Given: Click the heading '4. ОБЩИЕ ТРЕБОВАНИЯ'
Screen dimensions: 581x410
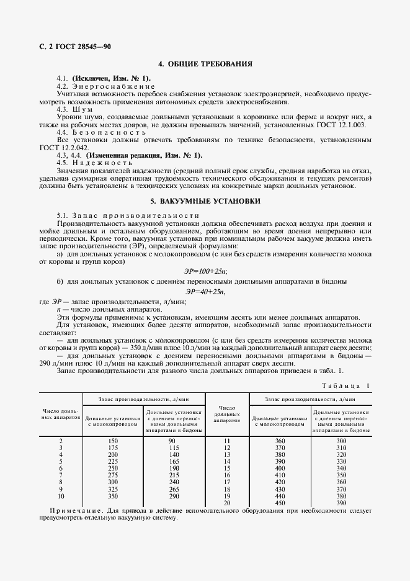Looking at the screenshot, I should click(205, 64).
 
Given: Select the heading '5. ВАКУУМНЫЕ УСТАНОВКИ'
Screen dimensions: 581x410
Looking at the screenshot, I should click(205, 201).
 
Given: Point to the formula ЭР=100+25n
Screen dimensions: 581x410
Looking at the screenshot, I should click(205, 271).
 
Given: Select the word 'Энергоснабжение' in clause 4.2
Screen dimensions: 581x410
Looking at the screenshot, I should click(106, 86).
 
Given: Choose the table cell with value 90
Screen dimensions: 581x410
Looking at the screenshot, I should click(174, 440).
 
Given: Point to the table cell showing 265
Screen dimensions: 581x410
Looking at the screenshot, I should click(174, 489).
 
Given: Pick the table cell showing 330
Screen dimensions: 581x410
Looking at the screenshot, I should click(341, 461).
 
